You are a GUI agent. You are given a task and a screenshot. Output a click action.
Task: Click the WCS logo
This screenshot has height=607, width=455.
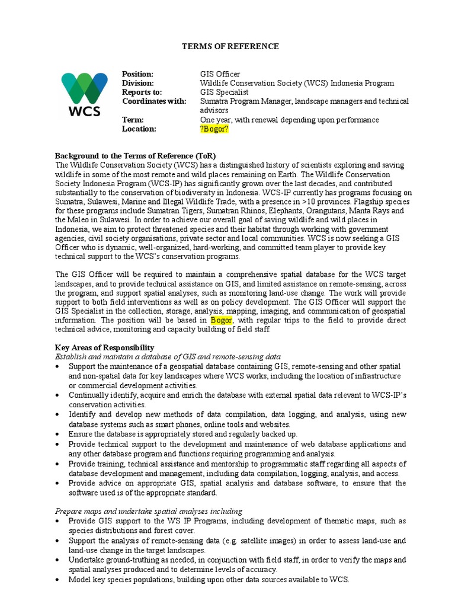[x=85, y=94]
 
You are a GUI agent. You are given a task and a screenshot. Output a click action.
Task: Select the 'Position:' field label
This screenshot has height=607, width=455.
[x=137, y=74]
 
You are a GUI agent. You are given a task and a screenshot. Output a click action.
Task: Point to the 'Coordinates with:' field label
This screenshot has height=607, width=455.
[x=153, y=101]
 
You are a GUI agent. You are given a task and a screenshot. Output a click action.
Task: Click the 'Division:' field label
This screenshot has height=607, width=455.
[x=138, y=84]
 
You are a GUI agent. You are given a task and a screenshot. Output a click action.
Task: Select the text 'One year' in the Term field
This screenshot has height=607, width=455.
[x=214, y=120]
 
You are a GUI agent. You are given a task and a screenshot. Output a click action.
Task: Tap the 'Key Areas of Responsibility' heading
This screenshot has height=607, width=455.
[x=104, y=347]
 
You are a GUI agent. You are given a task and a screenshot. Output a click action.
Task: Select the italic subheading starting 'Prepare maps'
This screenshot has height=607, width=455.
[x=148, y=511]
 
